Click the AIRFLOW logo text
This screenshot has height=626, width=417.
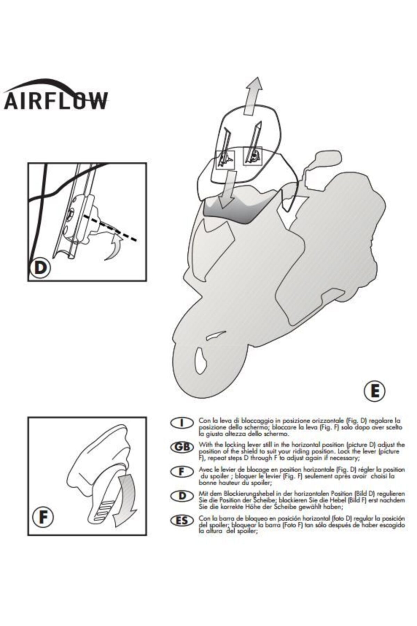point(56,101)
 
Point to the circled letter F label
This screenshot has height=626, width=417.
point(43,517)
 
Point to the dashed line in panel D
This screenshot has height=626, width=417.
point(111,228)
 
